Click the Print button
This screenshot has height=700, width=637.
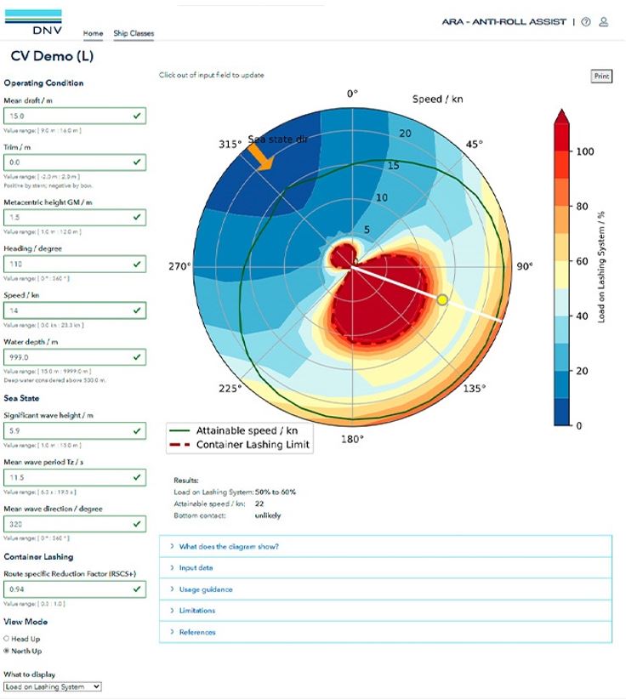601,77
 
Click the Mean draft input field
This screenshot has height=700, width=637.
74,116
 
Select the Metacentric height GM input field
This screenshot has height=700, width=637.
74,218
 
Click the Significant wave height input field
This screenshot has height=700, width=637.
74,432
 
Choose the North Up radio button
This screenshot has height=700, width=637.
7,651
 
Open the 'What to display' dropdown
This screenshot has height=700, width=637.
52,686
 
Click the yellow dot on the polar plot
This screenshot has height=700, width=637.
442,299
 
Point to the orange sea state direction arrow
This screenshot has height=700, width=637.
260,156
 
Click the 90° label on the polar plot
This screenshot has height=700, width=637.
525,266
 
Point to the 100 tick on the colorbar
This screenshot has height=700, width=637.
584,151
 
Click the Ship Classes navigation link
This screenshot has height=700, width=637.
134,34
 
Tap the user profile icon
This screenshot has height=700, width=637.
604,22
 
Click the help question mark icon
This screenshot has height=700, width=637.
586,22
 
